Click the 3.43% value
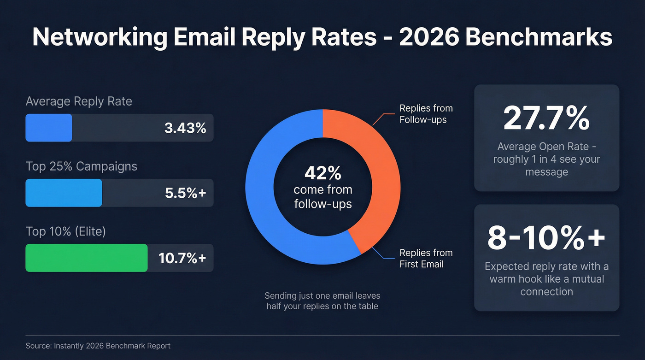coord(185,128)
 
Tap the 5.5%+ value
coord(185,193)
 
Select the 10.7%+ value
coord(182,258)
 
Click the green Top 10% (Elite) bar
coord(86,258)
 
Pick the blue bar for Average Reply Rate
coord(49,128)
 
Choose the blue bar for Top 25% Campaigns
coord(64,193)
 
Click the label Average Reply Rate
coord(79,101)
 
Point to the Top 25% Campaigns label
coord(81,166)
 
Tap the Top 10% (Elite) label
coord(66,231)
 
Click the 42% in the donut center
coord(322,173)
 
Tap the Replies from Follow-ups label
coord(426,114)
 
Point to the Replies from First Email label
coord(426,258)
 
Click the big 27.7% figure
coord(546,118)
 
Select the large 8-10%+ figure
coord(546,238)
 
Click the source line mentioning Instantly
coord(98,346)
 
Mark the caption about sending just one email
coord(322,301)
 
